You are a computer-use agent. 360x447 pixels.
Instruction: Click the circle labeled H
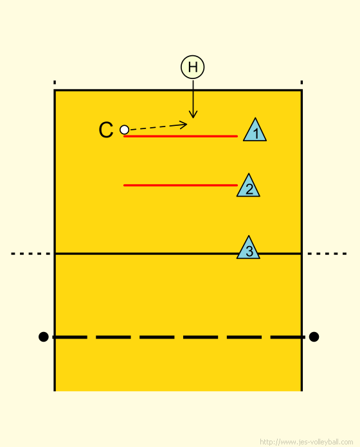pos(193,67)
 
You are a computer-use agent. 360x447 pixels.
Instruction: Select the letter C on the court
pos(106,130)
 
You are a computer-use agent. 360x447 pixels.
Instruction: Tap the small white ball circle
pos(124,130)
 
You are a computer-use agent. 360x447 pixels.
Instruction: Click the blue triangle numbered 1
pos(255,130)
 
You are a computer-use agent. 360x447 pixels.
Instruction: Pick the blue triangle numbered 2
pos(248,186)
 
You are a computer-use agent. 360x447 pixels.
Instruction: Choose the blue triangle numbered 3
pos(248,247)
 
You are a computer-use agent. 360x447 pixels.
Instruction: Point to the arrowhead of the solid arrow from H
pos(193,114)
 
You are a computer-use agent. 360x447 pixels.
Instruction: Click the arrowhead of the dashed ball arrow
pos(183,125)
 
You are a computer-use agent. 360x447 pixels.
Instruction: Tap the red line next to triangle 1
pos(181,136)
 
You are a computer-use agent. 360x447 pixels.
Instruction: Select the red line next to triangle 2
pos(181,186)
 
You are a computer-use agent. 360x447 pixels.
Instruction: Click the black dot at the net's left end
pos(43,337)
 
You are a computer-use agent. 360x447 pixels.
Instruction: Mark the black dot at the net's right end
pos(314,337)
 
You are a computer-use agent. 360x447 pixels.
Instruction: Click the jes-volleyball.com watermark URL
pos(307,442)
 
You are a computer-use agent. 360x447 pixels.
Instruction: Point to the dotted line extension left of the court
pos(30,254)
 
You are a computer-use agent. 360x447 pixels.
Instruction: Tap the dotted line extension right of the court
pos(327,254)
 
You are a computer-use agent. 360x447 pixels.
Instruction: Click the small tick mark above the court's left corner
pos(55,82)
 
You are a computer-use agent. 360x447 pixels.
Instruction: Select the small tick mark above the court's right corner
pos(301,82)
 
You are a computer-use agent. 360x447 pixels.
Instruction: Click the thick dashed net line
pos(179,337)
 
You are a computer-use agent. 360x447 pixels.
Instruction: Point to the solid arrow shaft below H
pos(193,99)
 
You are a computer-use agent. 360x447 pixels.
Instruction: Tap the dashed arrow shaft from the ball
pos(157,127)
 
